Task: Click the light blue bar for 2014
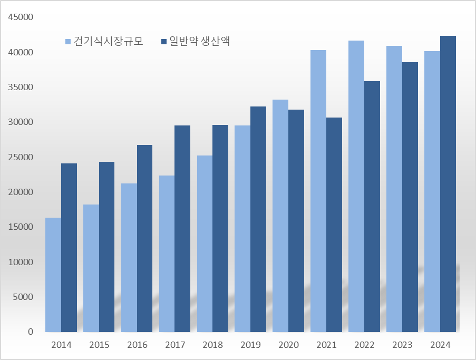coord(53,275)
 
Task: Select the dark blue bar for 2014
coord(69,248)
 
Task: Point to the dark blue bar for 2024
coord(448,184)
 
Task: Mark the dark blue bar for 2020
coord(296,221)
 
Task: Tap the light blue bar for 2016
coord(129,258)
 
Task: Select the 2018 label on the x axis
coord(213,345)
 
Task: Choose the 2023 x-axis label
coord(402,345)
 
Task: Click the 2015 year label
coord(99,345)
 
